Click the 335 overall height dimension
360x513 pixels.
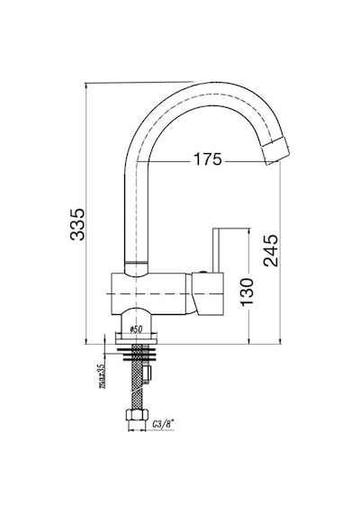coord(78,224)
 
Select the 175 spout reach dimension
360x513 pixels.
coord(208,160)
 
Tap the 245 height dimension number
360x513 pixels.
coord(271,250)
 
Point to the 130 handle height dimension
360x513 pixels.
coord(247,292)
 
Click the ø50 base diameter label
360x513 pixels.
coord(136,329)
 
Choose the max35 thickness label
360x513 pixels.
coord(102,376)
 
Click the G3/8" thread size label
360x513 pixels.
coord(163,424)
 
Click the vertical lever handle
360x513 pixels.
coord(216,250)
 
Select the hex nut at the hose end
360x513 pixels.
coord(137,415)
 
